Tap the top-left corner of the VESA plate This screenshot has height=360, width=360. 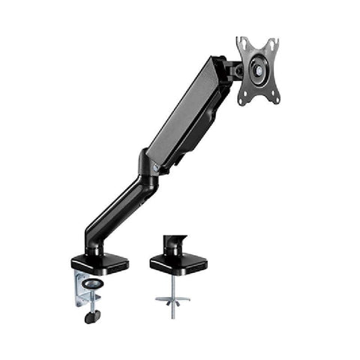pos(239,40)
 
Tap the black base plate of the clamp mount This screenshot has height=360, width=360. pos(100,263)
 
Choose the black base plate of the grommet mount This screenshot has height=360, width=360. pos(178,264)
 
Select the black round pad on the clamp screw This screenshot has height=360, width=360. pos(94,285)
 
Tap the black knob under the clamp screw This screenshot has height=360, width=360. pos(93,316)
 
